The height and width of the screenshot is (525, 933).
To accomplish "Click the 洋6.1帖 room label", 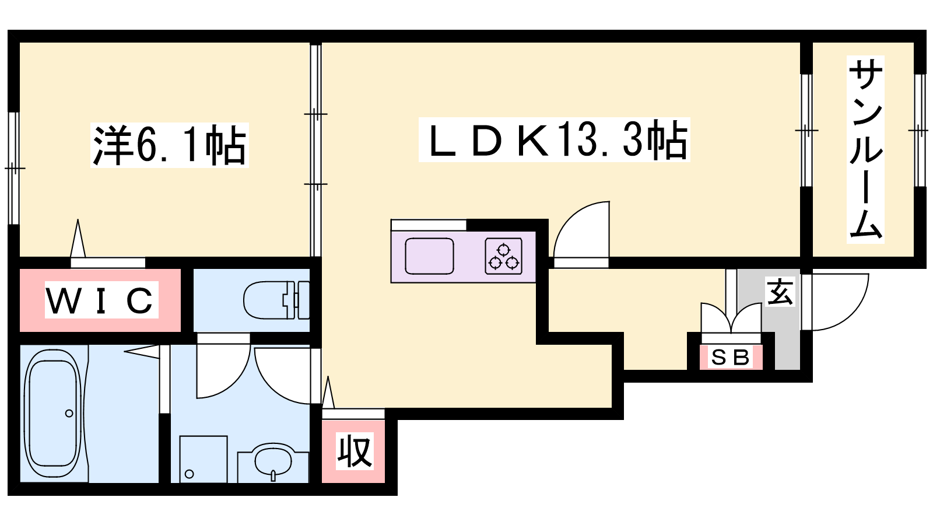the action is pos(170,145).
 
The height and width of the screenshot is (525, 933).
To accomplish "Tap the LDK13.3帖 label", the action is pos(555,139).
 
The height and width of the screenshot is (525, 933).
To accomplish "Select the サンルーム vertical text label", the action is pos(865,149).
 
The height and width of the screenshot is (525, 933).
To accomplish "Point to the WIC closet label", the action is pos(101,300).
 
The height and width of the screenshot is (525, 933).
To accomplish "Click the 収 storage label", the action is pos(355,452).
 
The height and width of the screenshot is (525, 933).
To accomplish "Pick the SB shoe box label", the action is pos(731,357).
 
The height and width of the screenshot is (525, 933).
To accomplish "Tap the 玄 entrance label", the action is pos(780,291).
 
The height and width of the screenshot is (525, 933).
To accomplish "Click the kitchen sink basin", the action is pos(429,256).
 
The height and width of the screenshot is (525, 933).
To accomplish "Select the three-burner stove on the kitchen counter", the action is pos(504,256).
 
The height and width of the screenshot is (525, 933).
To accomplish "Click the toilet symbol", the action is pos(276,300).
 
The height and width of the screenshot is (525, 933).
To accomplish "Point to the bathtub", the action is pos(53,414).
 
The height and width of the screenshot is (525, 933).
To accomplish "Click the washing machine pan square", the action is pos(204,459).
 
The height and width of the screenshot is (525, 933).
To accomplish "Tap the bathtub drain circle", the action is pos(69,414).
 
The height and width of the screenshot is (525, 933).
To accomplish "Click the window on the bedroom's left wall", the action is pos(14,169).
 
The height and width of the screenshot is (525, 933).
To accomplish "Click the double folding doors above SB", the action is pos(731,317).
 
